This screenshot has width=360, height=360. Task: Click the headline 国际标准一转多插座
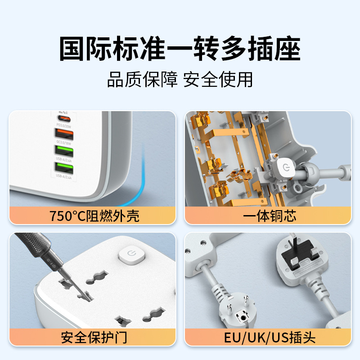pyautogui.click(x=180, y=49)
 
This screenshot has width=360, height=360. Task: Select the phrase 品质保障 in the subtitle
pyautogui.click(x=143, y=80)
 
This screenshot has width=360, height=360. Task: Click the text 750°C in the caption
pyautogui.click(x=67, y=216)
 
